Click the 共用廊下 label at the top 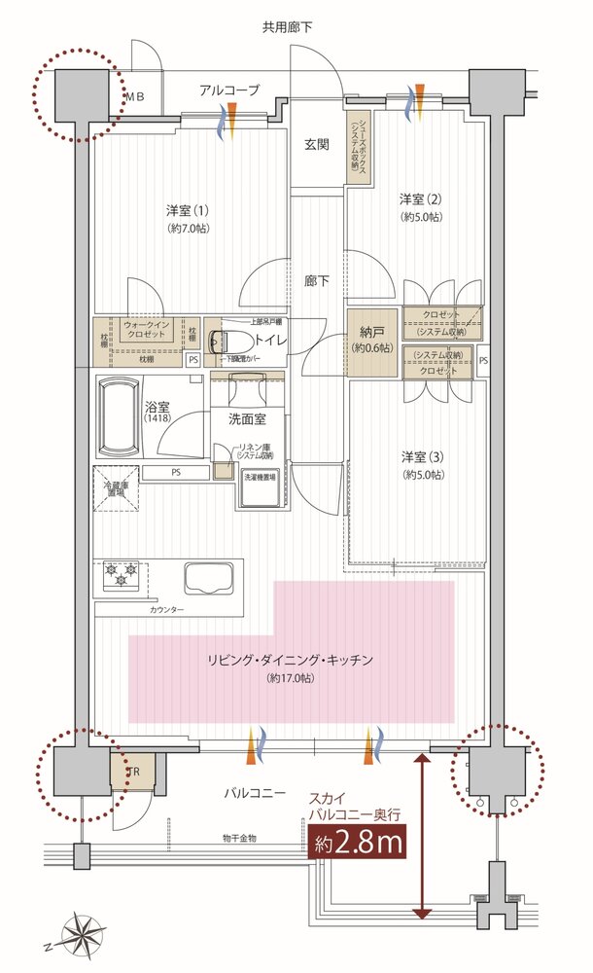[x=293, y=27]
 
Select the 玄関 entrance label [x=316, y=145]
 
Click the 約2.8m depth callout [x=359, y=843]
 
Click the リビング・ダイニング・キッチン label [x=290, y=661]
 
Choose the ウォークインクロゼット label [x=149, y=329]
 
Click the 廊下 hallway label [x=316, y=281]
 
